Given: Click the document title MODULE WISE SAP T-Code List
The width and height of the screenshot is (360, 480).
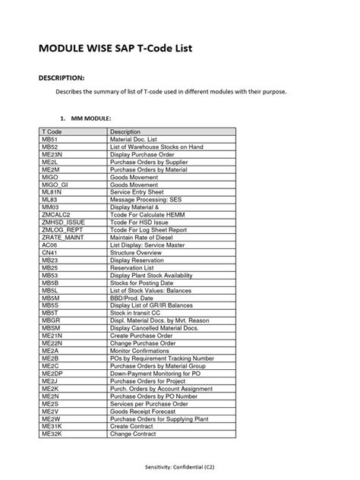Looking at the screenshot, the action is [111, 51].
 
